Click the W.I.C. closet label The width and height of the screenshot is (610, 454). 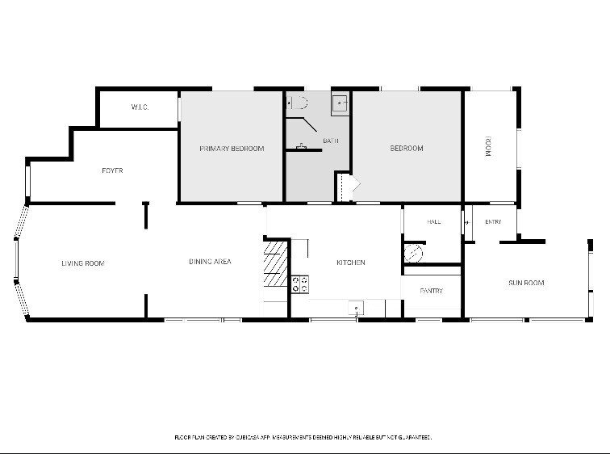140,107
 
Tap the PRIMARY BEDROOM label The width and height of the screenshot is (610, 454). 232,149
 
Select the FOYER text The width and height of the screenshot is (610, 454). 112,170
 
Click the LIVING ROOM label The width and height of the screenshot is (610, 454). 83,263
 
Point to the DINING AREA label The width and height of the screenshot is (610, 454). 210,262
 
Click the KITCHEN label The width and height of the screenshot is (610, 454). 351,263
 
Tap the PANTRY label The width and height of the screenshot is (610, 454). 432,291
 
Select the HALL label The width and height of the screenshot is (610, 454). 434,221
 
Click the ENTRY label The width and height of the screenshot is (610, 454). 493,221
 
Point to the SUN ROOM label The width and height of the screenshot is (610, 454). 526,283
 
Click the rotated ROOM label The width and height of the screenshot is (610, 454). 489,146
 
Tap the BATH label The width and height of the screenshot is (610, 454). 331,141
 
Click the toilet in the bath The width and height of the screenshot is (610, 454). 298,103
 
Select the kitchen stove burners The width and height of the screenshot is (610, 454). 300,284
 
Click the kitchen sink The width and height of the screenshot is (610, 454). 356,308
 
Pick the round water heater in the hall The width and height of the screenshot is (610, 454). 413,254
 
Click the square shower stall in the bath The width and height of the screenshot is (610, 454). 340,103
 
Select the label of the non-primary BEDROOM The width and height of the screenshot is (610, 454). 407,148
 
